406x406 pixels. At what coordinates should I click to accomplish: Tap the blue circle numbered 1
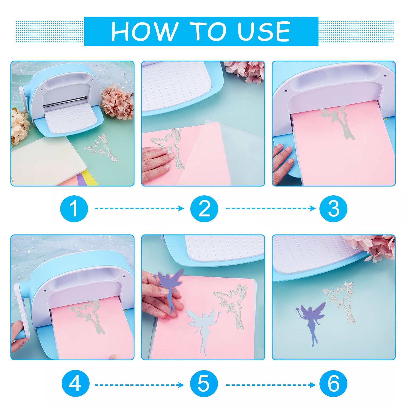coord(74,209)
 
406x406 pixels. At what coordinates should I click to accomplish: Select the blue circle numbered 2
coord(204,209)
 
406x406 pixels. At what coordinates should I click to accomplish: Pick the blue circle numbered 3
coord(333,209)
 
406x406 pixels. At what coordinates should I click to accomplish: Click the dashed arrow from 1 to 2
coord(139,208)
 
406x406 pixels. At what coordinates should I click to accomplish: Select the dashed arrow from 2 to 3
coord(271,208)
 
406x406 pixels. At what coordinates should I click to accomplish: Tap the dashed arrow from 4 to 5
coord(139,385)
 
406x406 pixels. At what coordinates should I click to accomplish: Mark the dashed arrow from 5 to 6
coord(271,385)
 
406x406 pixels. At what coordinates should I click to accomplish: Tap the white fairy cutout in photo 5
coord(203,327)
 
